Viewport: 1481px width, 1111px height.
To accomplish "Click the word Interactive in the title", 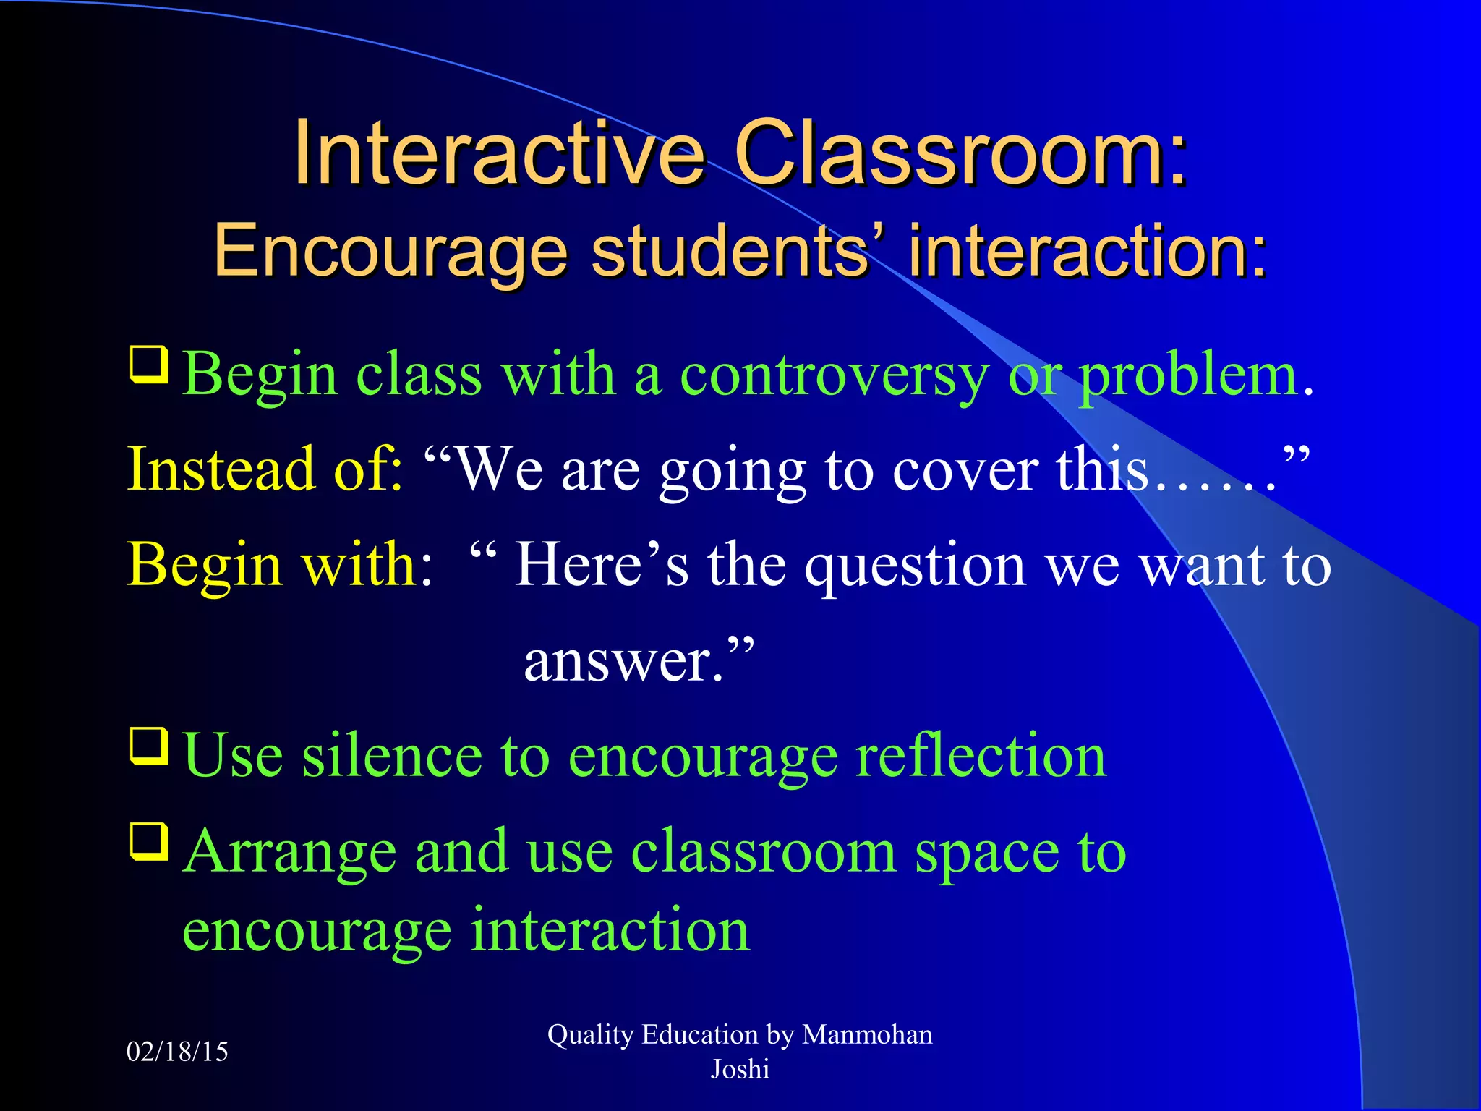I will [x=499, y=153].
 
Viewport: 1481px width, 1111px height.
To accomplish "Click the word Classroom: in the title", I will [x=960, y=153].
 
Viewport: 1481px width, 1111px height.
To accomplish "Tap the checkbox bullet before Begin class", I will [x=149, y=365].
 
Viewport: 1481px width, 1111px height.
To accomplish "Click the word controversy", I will [x=834, y=376].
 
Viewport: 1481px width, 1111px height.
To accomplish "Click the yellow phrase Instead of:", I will [x=265, y=470].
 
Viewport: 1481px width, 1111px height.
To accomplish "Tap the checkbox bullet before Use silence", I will [x=149, y=746].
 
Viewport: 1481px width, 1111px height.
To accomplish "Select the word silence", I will [x=391, y=757].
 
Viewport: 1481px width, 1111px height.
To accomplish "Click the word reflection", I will [x=981, y=757].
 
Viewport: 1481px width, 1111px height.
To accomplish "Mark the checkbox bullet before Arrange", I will [x=149, y=840].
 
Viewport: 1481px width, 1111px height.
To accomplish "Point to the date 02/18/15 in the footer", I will [x=177, y=1052].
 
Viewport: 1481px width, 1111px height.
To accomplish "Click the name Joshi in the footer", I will [x=740, y=1070].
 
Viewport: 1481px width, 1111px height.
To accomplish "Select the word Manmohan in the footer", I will [x=867, y=1035].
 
